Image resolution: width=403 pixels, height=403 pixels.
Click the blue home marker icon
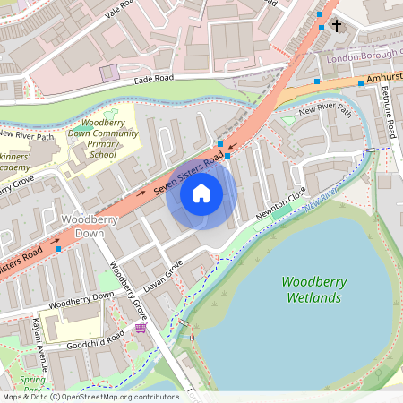(201, 193)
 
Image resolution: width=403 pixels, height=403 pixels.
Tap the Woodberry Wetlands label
(313, 289)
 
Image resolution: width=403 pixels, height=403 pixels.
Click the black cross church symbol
(337, 25)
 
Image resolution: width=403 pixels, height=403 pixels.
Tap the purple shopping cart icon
(141, 329)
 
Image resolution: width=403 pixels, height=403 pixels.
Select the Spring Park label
(32, 384)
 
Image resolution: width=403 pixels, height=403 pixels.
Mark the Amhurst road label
(383, 79)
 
